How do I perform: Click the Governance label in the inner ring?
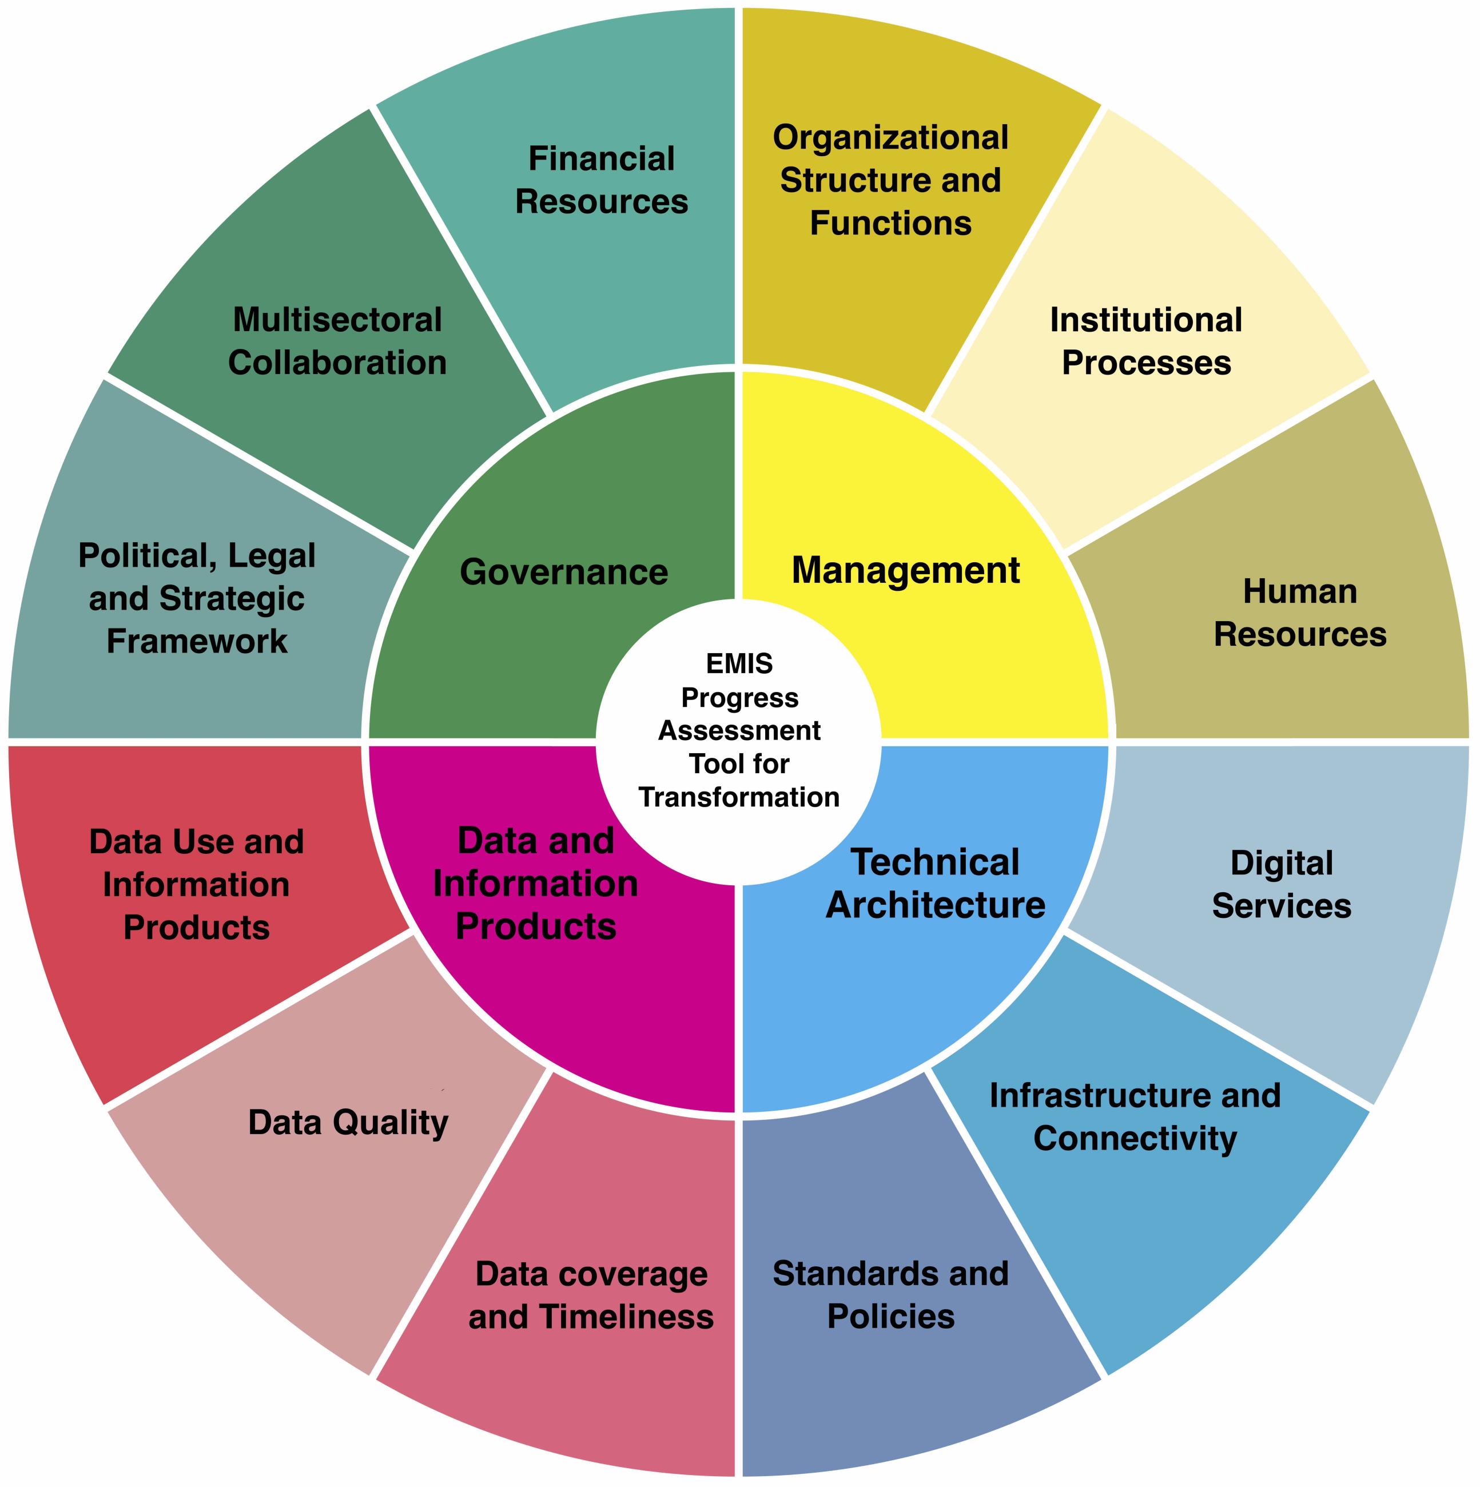pyautogui.click(x=563, y=572)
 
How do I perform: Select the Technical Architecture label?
pyautogui.click(x=935, y=884)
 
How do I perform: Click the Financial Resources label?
pyautogui.click(x=601, y=180)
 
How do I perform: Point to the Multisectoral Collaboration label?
pyautogui.click(x=337, y=341)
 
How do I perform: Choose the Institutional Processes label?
pyautogui.click(x=1146, y=341)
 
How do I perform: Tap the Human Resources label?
pyautogui.click(x=1300, y=613)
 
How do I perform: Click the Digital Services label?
pyautogui.click(x=1282, y=884)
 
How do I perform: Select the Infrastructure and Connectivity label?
pyautogui.click(x=1135, y=1117)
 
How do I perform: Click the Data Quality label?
pyautogui.click(x=348, y=1123)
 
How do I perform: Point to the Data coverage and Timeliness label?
pyautogui.click(x=591, y=1295)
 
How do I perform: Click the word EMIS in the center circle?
pyautogui.click(x=739, y=663)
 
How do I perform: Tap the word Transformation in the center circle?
pyautogui.click(x=739, y=797)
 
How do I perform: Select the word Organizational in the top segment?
pyautogui.click(x=890, y=138)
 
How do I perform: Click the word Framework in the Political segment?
pyautogui.click(x=197, y=641)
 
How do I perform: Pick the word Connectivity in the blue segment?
pyautogui.click(x=1135, y=1138)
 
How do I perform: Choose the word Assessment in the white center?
pyautogui.click(x=739, y=730)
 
